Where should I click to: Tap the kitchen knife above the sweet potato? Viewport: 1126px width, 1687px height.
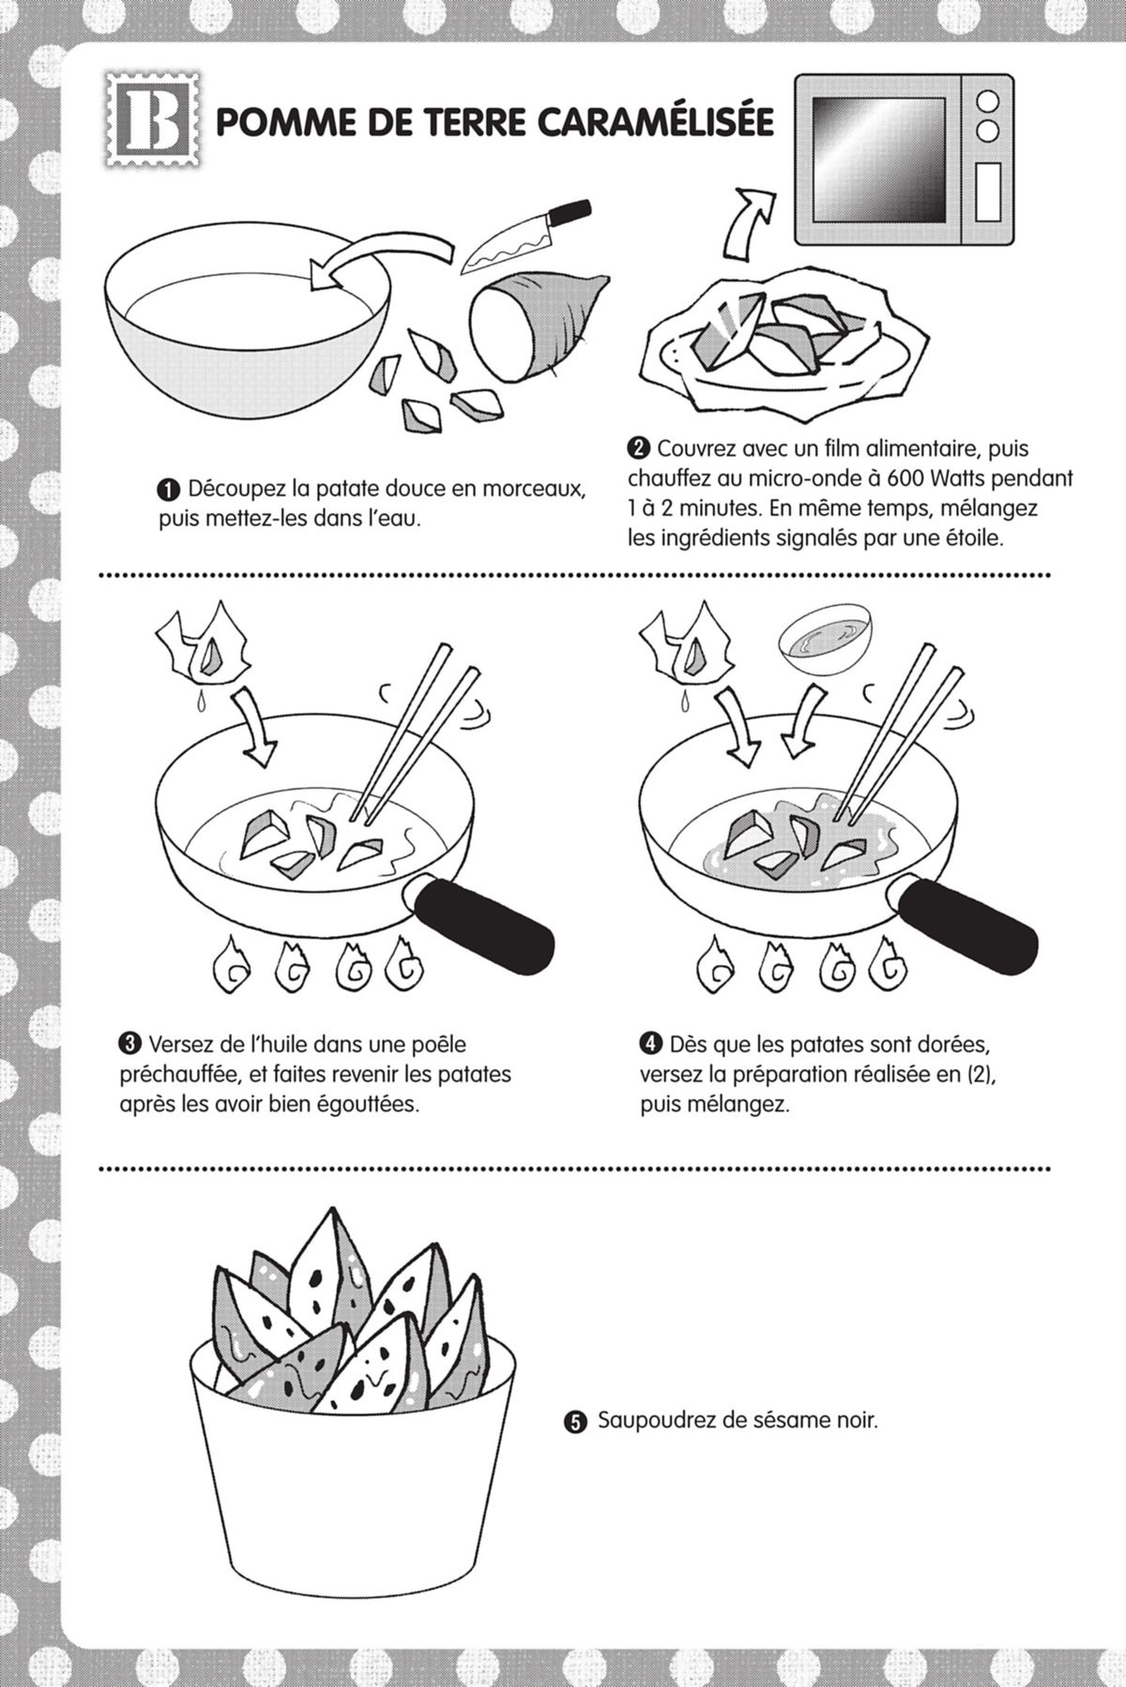(x=525, y=234)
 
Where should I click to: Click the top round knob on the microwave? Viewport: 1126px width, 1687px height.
(x=987, y=100)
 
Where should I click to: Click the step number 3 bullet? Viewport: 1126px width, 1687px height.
(x=129, y=1043)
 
